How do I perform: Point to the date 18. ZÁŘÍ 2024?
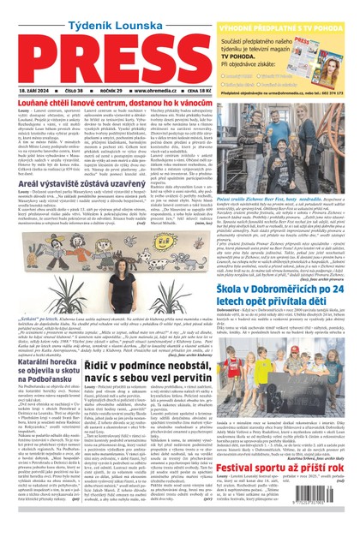coord(31,89)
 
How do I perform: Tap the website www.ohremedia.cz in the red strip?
coord(167,89)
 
